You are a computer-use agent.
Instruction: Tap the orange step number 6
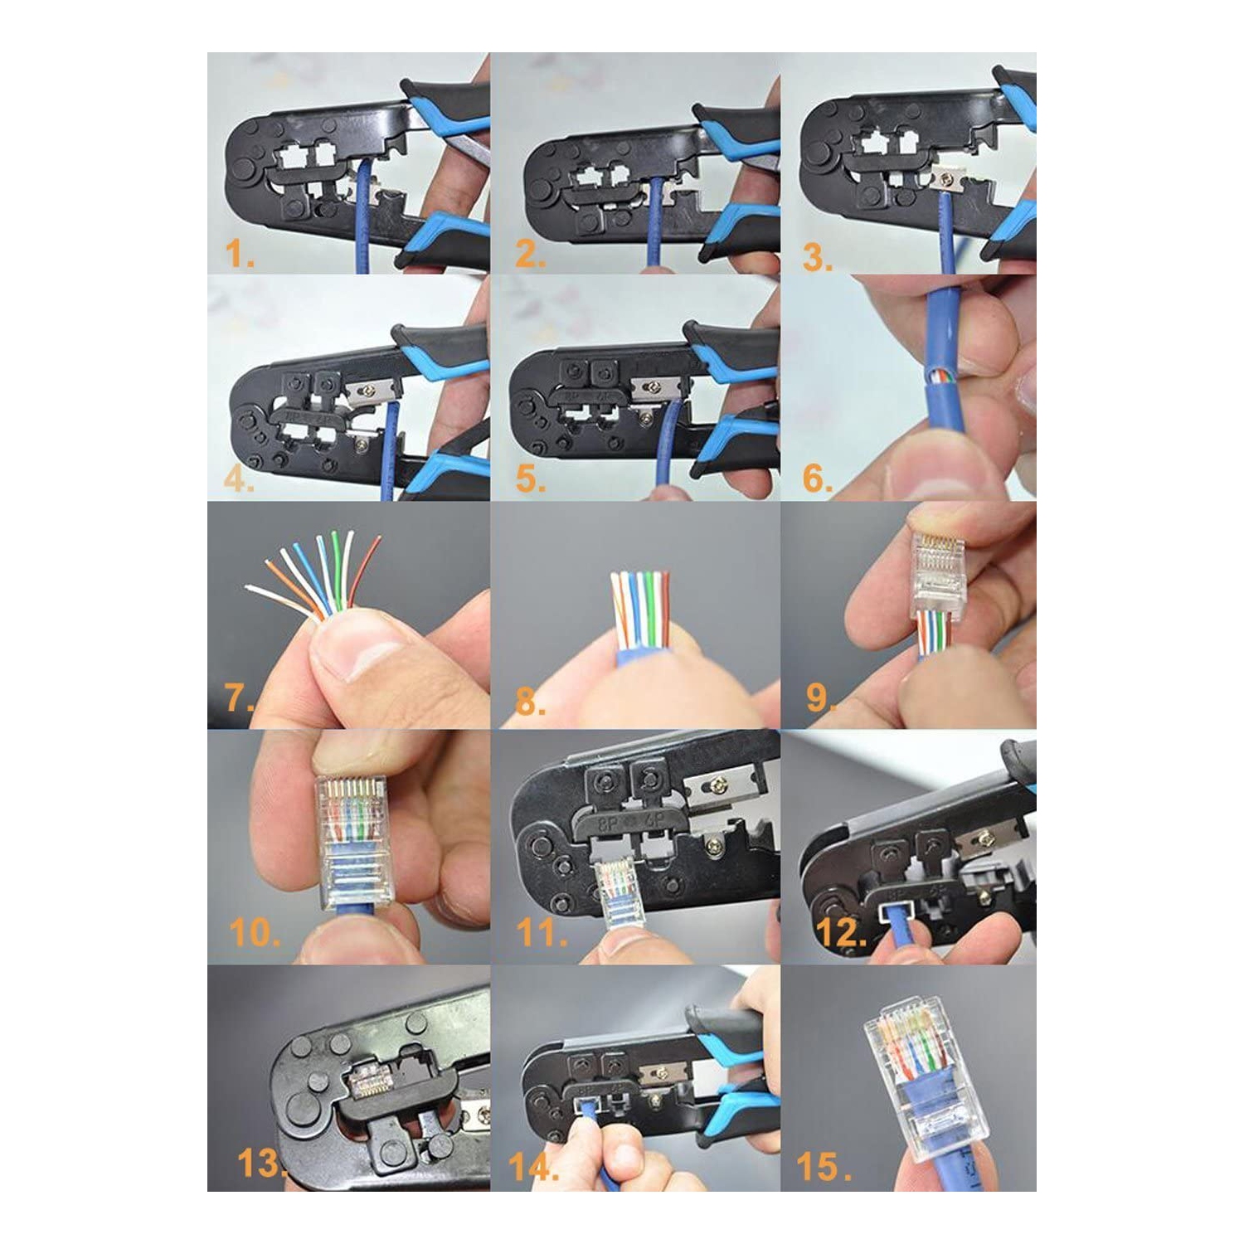(816, 479)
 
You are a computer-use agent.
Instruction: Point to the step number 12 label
(839, 933)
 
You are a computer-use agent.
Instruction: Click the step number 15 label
(821, 1166)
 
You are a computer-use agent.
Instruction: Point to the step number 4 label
(239, 479)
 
